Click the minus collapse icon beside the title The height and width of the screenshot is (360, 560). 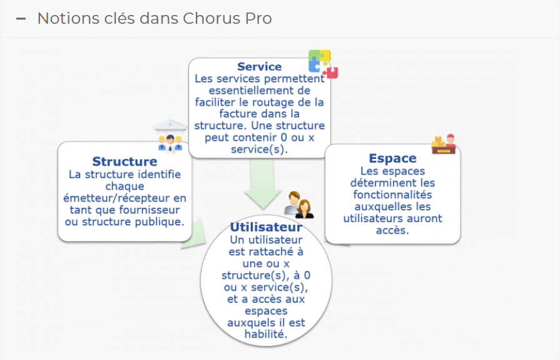tap(21, 19)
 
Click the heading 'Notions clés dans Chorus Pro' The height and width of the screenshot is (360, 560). tap(155, 18)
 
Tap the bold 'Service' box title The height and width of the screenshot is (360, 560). tap(259, 66)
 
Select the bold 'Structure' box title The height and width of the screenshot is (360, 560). tap(125, 162)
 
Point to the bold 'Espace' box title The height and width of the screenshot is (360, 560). tap(392, 158)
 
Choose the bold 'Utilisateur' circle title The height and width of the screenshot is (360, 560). tap(266, 227)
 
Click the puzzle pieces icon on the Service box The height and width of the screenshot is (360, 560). tap(323, 64)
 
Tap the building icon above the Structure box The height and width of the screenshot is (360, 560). tap(170, 135)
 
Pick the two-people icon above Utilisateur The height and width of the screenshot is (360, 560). tap(298, 204)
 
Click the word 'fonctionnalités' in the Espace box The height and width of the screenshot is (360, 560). tap(393, 195)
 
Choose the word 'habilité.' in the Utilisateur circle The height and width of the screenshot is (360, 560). tap(267, 334)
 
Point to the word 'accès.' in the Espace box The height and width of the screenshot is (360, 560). tap(392, 230)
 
